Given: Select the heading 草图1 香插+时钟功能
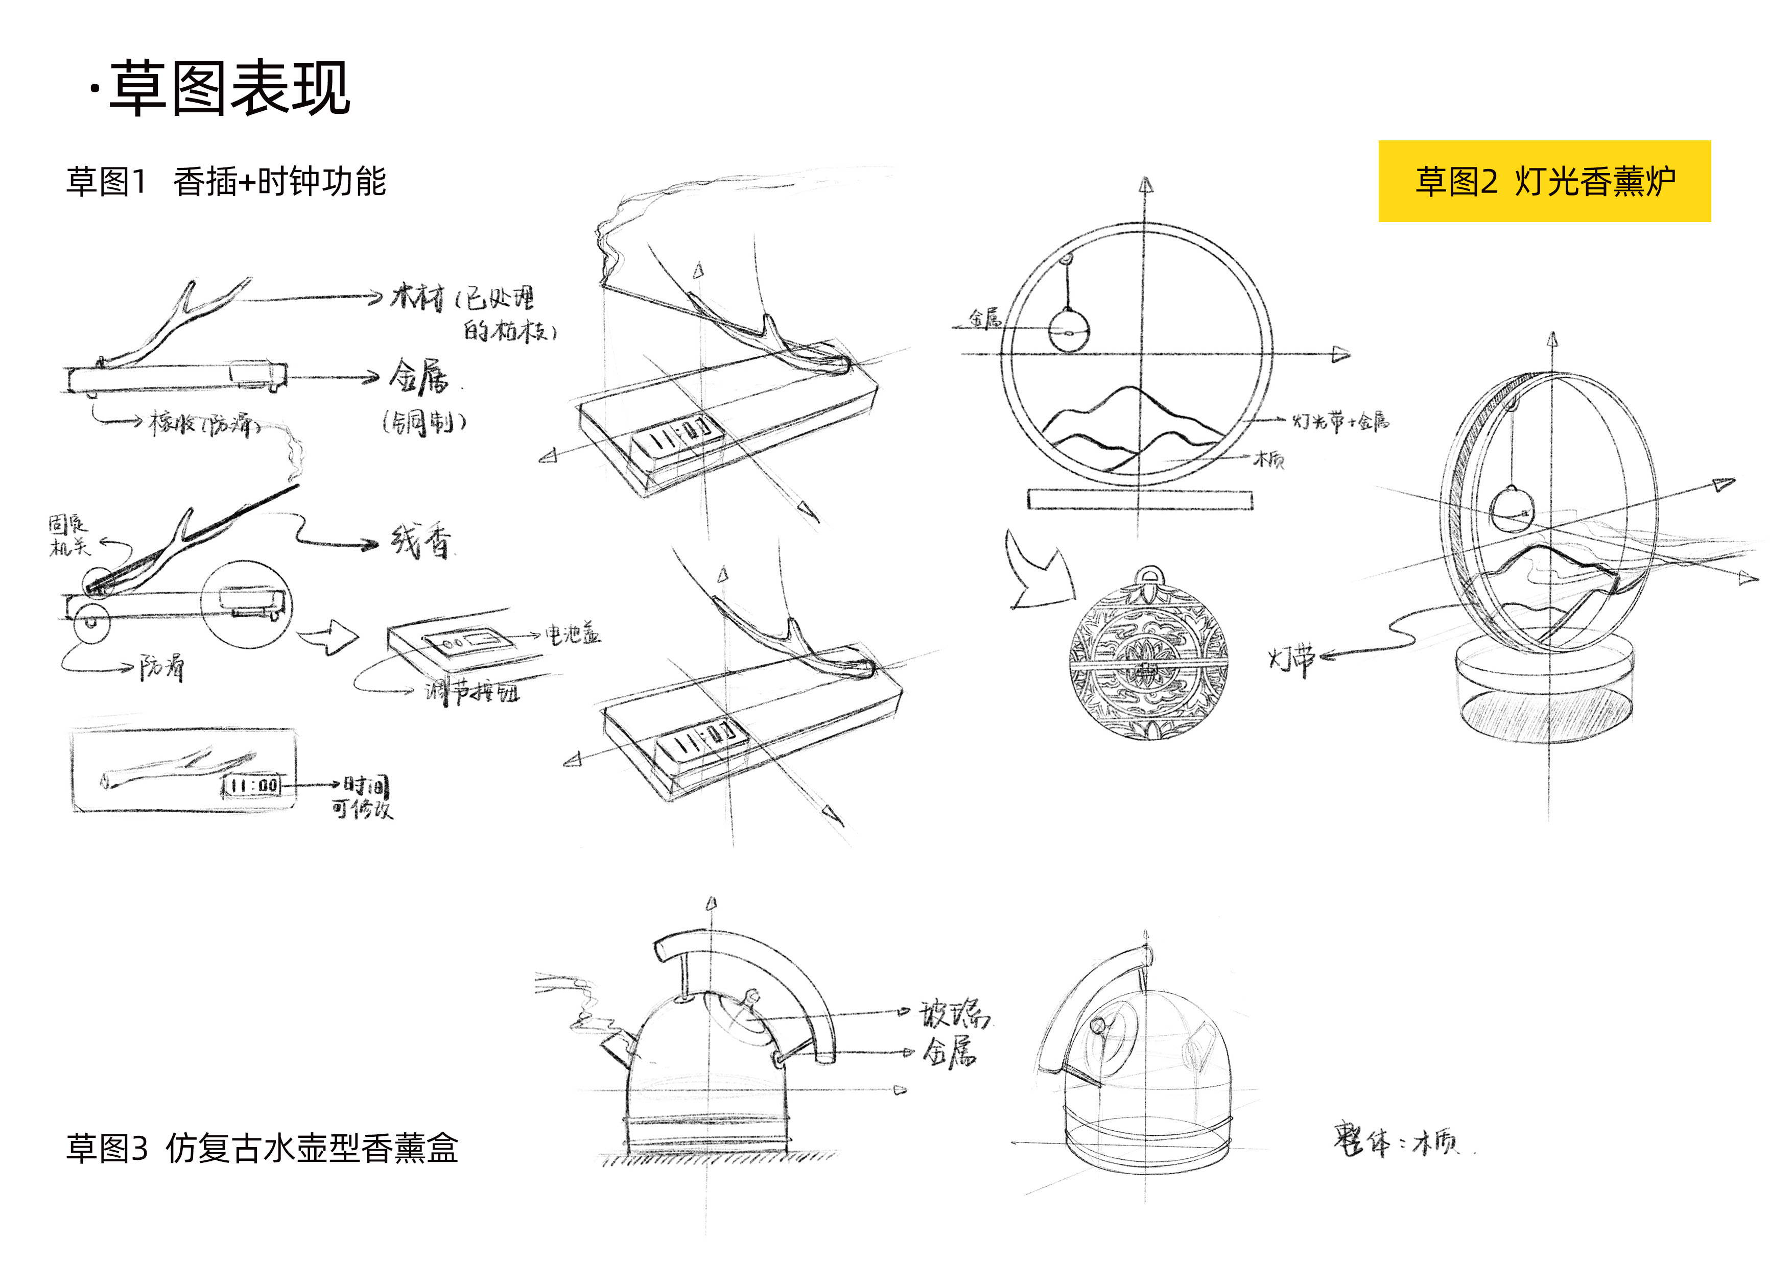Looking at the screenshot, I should coord(226,182).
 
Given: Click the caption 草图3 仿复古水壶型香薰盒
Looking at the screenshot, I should coord(262,1148).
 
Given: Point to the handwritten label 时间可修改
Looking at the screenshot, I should coord(363,797).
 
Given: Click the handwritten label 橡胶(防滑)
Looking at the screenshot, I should coord(203,424).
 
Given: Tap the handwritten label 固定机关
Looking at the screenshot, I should coord(68,535).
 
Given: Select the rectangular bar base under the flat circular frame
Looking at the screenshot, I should coord(1140,499).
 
